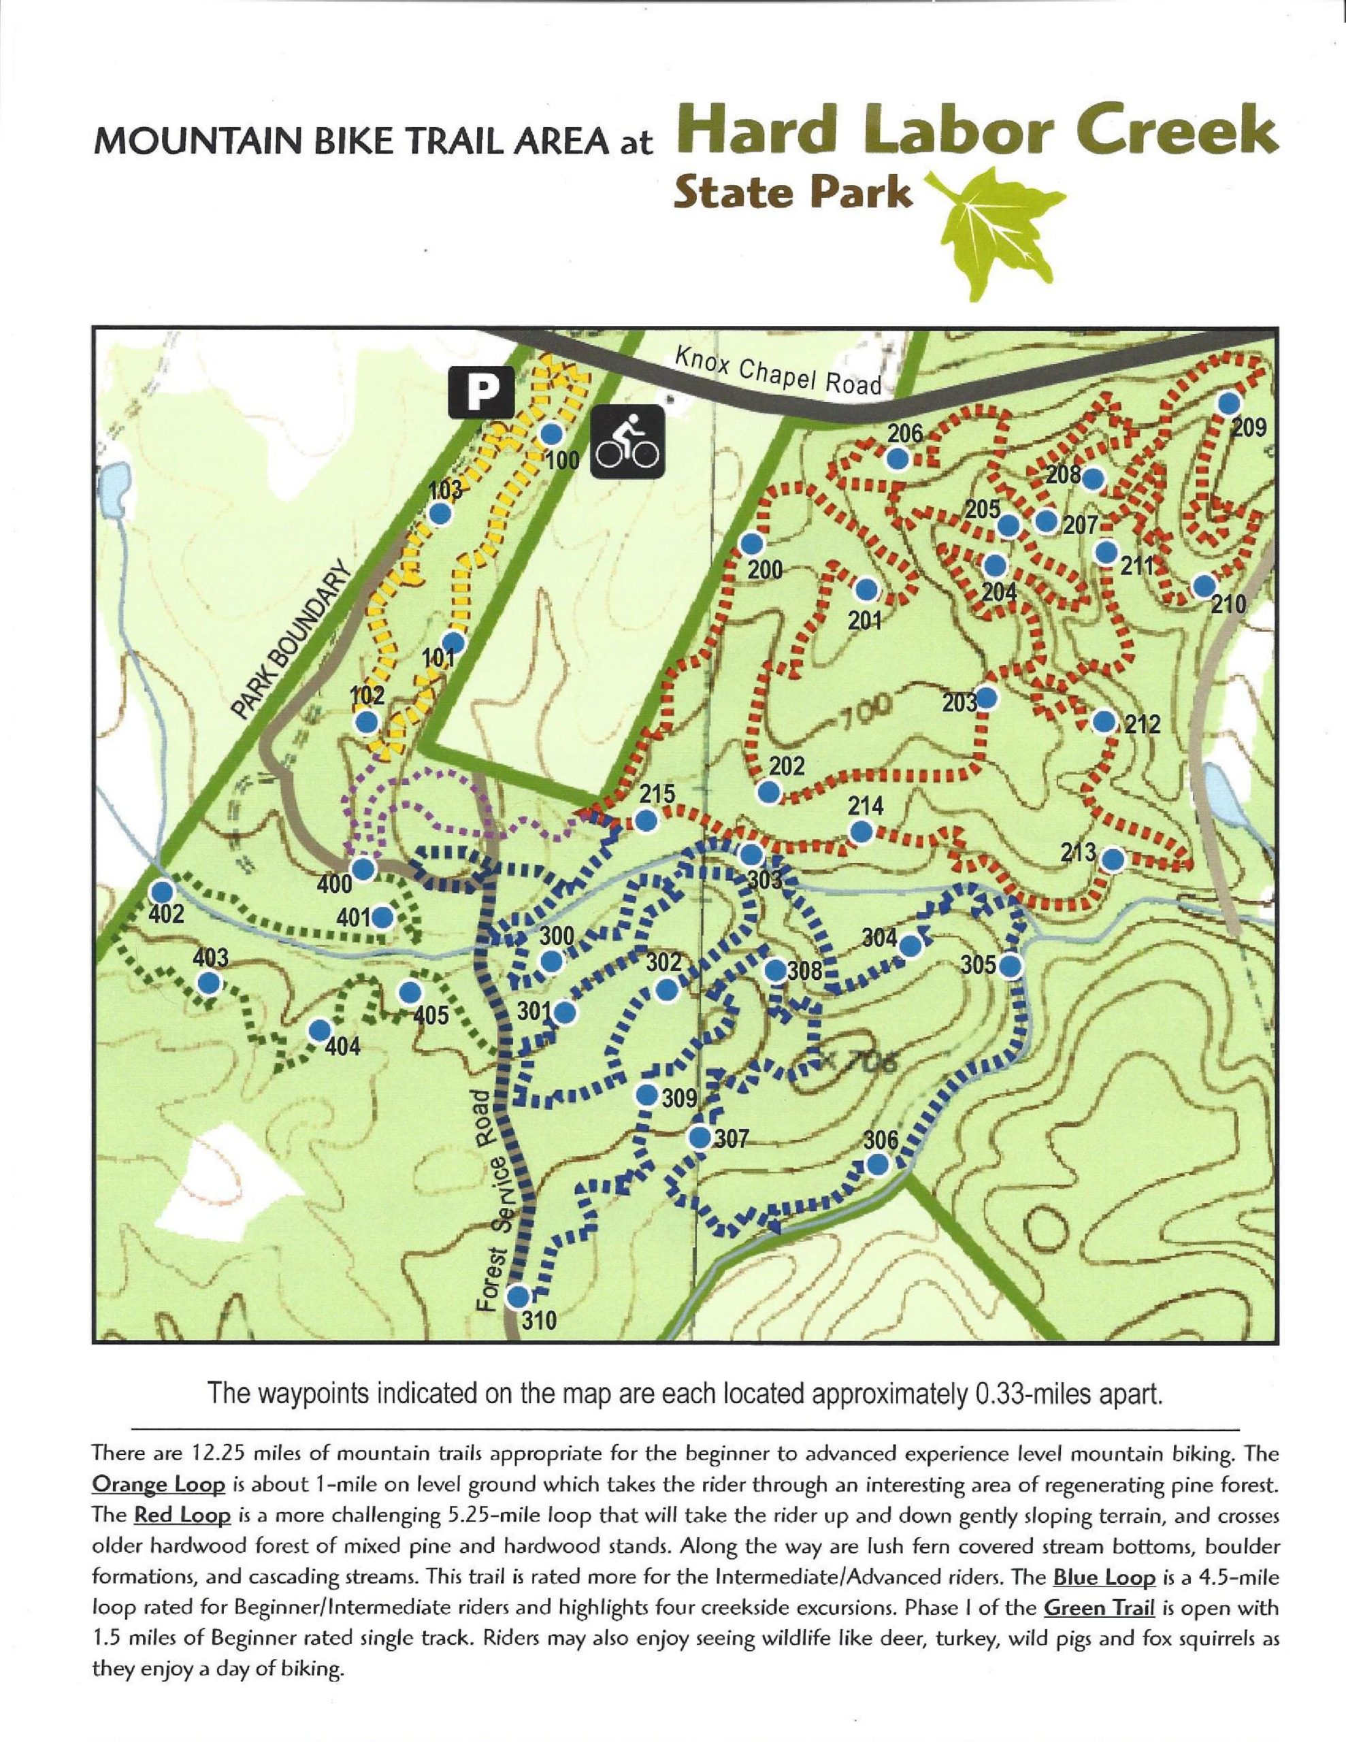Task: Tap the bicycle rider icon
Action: pyautogui.click(x=627, y=442)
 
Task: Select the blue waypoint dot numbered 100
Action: pyautogui.click(x=551, y=435)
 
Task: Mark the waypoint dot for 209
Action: pyautogui.click(x=1230, y=403)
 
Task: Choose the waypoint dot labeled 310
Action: pyautogui.click(x=518, y=1294)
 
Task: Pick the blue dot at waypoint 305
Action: pyautogui.click(x=1010, y=965)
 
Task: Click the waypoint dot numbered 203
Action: pyautogui.click(x=987, y=697)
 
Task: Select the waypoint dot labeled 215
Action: pyautogui.click(x=646, y=820)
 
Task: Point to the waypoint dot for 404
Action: pyautogui.click(x=320, y=1030)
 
